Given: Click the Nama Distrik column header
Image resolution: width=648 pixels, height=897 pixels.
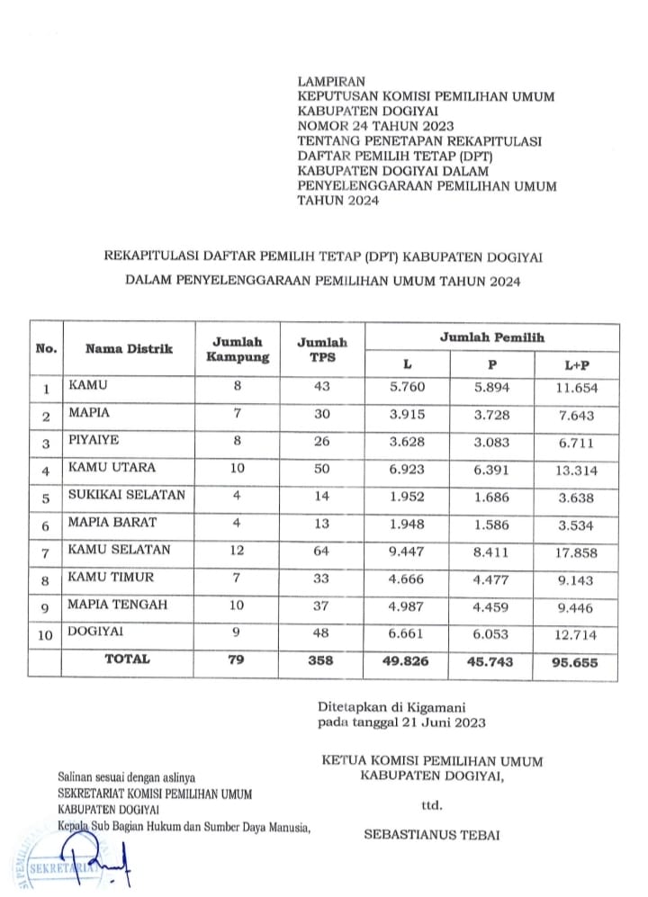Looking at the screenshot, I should pos(129,349).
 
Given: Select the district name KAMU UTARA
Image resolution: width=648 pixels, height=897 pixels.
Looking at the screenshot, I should pos(112,468).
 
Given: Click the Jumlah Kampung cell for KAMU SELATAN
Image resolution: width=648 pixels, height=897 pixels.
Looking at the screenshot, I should pos(238,550).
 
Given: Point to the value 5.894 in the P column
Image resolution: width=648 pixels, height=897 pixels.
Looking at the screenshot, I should pos(492,388).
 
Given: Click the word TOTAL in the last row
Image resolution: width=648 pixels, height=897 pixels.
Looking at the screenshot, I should pos(127,659).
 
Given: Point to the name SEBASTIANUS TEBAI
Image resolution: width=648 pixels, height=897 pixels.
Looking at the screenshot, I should pos(431,834).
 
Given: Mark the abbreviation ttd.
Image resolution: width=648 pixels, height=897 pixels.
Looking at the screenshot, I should pos(432,803).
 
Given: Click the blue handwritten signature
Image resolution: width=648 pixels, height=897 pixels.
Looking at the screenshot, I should pos(99,864).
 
